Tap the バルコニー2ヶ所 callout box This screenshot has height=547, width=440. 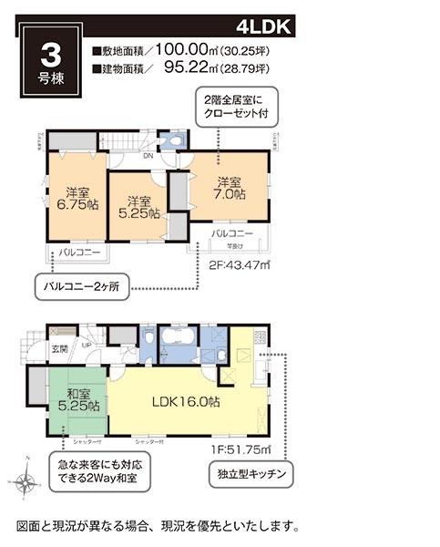tap(81, 285)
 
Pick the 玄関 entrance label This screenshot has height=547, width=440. tap(57, 347)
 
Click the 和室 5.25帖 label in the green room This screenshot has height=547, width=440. tap(77, 398)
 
